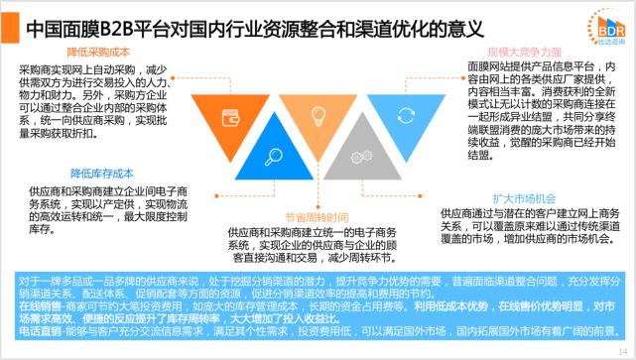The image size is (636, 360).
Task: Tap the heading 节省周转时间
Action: [x=317, y=217]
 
